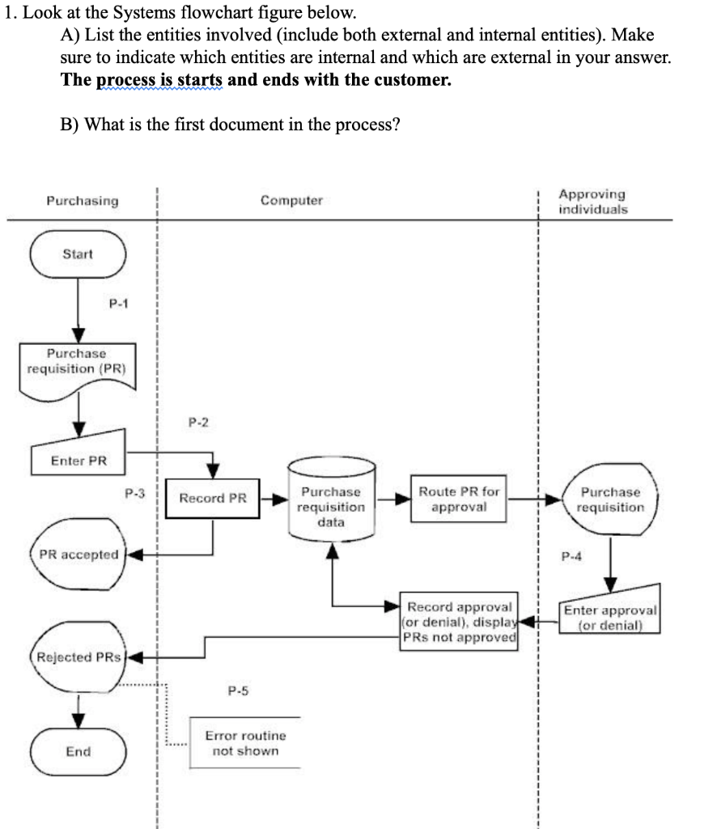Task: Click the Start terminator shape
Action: tap(78, 254)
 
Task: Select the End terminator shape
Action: tap(78, 751)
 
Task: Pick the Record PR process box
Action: tap(213, 498)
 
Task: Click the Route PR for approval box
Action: tap(459, 499)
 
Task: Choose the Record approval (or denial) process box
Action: tap(459, 622)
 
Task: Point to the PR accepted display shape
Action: tap(78, 555)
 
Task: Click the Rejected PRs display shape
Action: tap(78, 657)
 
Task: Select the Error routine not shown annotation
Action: tap(245, 743)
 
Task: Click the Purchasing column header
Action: tap(82, 201)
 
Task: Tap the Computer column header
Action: tap(291, 201)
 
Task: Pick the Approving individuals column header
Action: tap(592, 201)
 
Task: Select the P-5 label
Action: tap(239, 691)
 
